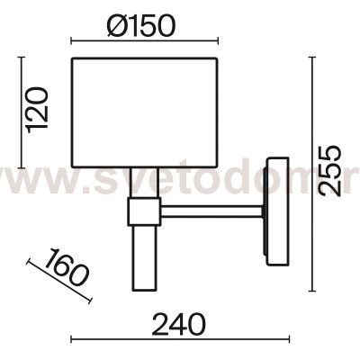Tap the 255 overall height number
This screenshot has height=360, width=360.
tap(329, 170)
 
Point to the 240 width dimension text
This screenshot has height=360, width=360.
tap(179, 324)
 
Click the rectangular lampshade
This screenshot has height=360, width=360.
tap(144, 112)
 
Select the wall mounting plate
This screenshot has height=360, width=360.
tap(277, 211)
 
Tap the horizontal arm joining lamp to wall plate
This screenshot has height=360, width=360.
tap(212, 211)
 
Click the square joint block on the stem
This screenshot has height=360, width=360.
tap(144, 211)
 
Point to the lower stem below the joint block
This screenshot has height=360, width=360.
tap(144, 258)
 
